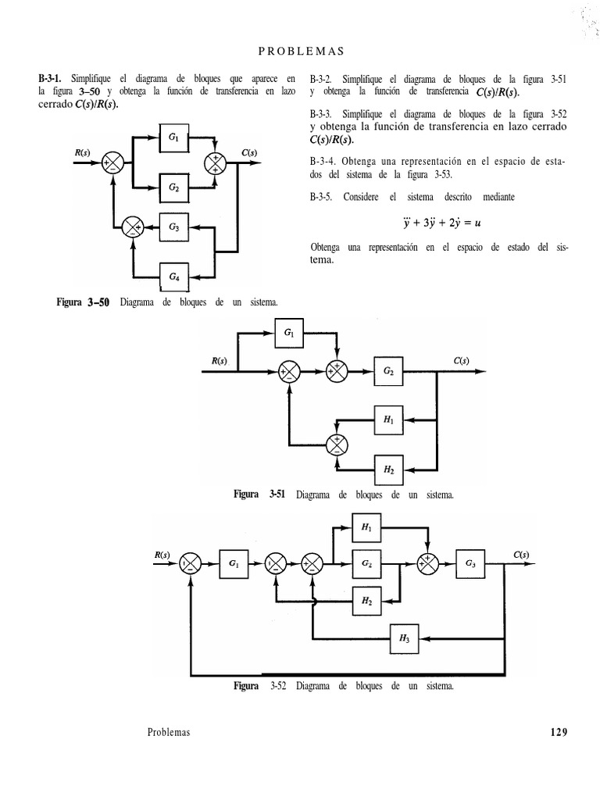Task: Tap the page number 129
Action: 558,732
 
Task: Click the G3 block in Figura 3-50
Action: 173,228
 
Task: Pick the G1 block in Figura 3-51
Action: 290,334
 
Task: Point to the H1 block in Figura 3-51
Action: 388,420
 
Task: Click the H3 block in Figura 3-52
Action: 404,637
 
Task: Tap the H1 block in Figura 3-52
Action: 366,527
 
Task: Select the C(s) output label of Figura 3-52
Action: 521,555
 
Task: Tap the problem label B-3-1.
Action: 53,79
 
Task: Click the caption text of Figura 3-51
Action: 344,495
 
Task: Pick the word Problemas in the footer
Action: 168,732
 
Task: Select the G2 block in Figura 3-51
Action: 388,373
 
